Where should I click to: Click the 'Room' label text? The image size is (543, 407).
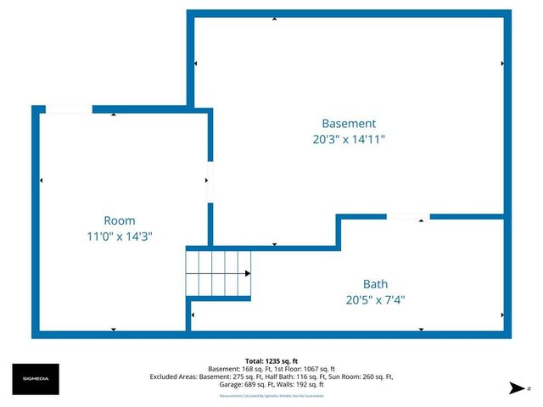(x=119, y=220)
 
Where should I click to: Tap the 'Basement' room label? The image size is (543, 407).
(x=348, y=123)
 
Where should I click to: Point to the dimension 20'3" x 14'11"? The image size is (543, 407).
(x=348, y=139)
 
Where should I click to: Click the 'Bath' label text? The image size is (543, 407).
(x=375, y=284)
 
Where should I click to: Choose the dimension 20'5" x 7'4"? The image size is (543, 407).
(x=375, y=300)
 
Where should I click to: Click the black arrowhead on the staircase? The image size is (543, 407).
(x=247, y=273)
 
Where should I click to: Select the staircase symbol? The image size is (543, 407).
(x=219, y=273)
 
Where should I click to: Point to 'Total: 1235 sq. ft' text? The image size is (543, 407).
(x=271, y=360)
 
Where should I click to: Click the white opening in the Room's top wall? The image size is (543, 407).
(x=69, y=109)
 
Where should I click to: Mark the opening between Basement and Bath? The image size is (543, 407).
(x=407, y=217)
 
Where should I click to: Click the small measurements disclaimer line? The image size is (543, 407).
(x=271, y=395)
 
